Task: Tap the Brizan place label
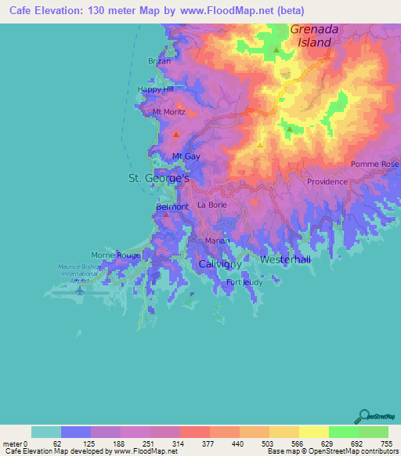point(159,60)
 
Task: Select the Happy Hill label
point(155,89)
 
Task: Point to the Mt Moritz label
point(168,112)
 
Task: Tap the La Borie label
point(211,204)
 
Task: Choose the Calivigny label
point(219,265)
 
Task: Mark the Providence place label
point(327,182)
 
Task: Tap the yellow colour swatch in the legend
point(313,432)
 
